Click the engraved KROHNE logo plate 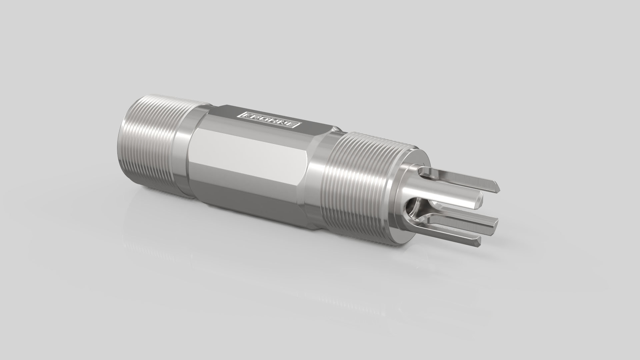point(268,120)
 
